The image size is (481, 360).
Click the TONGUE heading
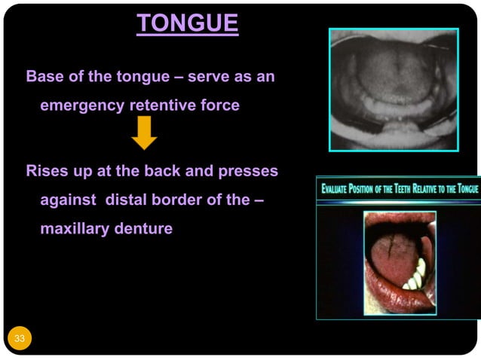pos(188,24)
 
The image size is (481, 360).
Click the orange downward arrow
pos(144,133)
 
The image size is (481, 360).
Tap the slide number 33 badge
pos(20,338)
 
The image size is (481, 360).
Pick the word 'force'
pos(220,105)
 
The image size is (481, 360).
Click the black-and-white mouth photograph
pos(394,90)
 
